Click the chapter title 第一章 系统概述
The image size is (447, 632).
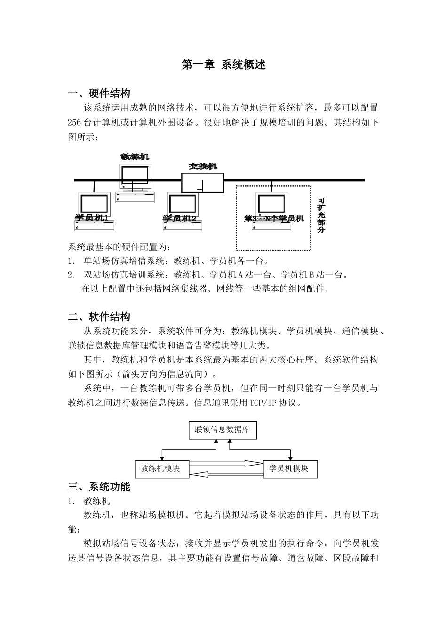pyautogui.click(x=223, y=65)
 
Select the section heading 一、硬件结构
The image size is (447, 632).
pyautogui.click(x=99, y=94)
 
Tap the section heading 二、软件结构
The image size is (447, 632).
pyautogui.click(x=99, y=317)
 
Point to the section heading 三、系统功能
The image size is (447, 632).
pyautogui.click(x=99, y=487)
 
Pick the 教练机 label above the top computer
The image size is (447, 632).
pyautogui.click(x=135, y=157)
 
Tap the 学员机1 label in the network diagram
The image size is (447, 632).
pyautogui.click(x=92, y=218)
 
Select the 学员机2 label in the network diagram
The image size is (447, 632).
pyautogui.click(x=180, y=218)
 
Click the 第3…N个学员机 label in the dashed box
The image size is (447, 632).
pyautogui.click(x=274, y=219)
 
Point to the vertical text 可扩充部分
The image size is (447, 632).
pyautogui.click(x=321, y=215)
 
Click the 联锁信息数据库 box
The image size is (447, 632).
pyautogui.click(x=223, y=430)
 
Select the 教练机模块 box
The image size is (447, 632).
pyautogui.click(x=160, y=468)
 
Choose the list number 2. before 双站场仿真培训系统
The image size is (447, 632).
pyautogui.click(x=72, y=275)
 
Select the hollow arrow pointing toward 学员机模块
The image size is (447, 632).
pyautogui.click(x=226, y=464)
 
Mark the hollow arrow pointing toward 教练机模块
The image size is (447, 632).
pyautogui.click(x=226, y=473)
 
